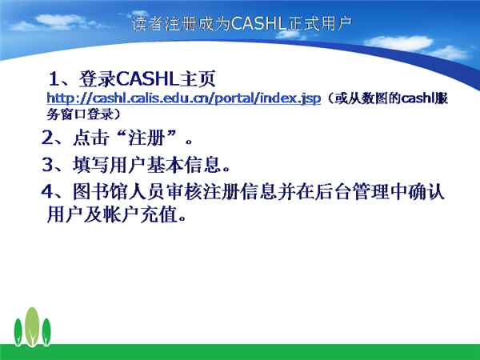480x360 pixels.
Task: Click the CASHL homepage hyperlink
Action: pyautogui.click(x=184, y=98)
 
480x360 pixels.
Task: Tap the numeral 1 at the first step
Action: pyautogui.click(x=54, y=79)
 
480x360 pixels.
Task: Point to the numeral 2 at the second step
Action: pyautogui.click(x=47, y=138)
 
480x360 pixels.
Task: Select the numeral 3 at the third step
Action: pyautogui.click(x=47, y=164)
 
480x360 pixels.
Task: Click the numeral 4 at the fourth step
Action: pyautogui.click(x=47, y=192)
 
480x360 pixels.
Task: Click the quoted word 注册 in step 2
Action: pyautogui.click(x=146, y=138)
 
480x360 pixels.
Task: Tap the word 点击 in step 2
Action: pyautogui.click(x=91, y=138)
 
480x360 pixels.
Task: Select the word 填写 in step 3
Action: pyautogui.click(x=91, y=165)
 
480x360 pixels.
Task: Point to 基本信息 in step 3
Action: pyautogui.click(x=184, y=165)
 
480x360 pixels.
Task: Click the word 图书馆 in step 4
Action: pyautogui.click(x=101, y=192)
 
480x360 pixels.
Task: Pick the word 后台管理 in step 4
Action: pyautogui.click(x=351, y=192)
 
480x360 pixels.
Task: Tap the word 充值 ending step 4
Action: pyautogui.click(x=159, y=214)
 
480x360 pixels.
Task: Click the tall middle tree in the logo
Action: pyautogui.click(x=32, y=326)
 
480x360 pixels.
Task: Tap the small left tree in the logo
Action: pyautogui.click(x=18, y=332)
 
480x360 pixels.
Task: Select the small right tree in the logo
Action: pyautogui.click(x=46, y=332)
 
